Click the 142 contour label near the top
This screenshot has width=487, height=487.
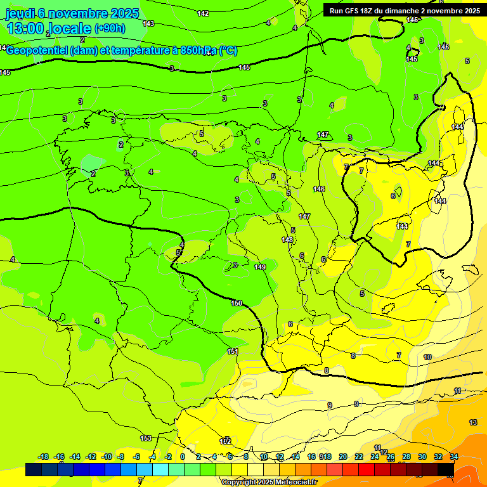tap(203, 13)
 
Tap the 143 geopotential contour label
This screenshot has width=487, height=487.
tap(148, 23)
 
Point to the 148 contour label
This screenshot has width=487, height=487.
tap(287, 240)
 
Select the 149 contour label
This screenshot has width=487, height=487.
tap(260, 267)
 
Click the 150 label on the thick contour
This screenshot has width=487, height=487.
tap(237, 303)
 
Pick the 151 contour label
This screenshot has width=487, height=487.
tap(233, 351)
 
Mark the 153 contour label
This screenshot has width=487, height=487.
tap(146, 438)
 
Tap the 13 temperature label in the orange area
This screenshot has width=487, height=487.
tap(473, 422)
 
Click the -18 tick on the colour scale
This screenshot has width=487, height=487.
tap(44, 457)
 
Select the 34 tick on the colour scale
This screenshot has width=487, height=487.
tap(454, 457)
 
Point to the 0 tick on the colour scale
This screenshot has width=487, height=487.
tap(183, 457)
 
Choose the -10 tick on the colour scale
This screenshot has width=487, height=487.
tap(107, 457)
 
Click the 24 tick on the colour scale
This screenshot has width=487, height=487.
tap(375, 457)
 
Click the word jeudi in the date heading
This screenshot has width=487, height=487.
tap(20, 13)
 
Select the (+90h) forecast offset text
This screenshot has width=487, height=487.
tap(110, 29)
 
